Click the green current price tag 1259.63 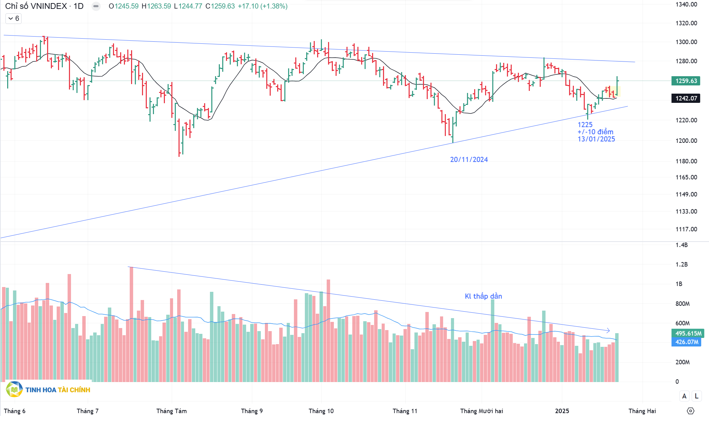pyautogui.click(x=686, y=81)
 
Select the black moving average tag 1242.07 pyautogui.click(x=686, y=98)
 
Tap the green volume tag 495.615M pyautogui.click(x=688, y=333)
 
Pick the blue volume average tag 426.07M pyautogui.click(x=686, y=342)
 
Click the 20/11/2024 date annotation pyautogui.click(x=469, y=160)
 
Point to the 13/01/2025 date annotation pyautogui.click(x=596, y=139)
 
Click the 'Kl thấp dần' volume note pyautogui.click(x=483, y=296)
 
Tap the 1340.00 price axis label pyautogui.click(x=686, y=4)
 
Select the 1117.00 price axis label pyautogui.click(x=686, y=229)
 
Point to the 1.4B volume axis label pyautogui.click(x=681, y=245)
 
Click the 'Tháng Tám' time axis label pyautogui.click(x=171, y=411)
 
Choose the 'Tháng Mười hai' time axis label pyautogui.click(x=481, y=411)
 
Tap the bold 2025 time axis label pyautogui.click(x=562, y=411)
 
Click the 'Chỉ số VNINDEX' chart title pyautogui.click(x=36, y=6)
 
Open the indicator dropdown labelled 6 pyautogui.click(x=14, y=18)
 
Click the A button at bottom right pyautogui.click(x=684, y=396)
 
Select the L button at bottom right pyautogui.click(x=696, y=396)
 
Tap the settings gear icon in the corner pyautogui.click(x=691, y=411)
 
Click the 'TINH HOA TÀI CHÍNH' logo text pyautogui.click(x=58, y=390)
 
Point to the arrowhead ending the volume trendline pyautogui.click(x=608, y=330)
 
